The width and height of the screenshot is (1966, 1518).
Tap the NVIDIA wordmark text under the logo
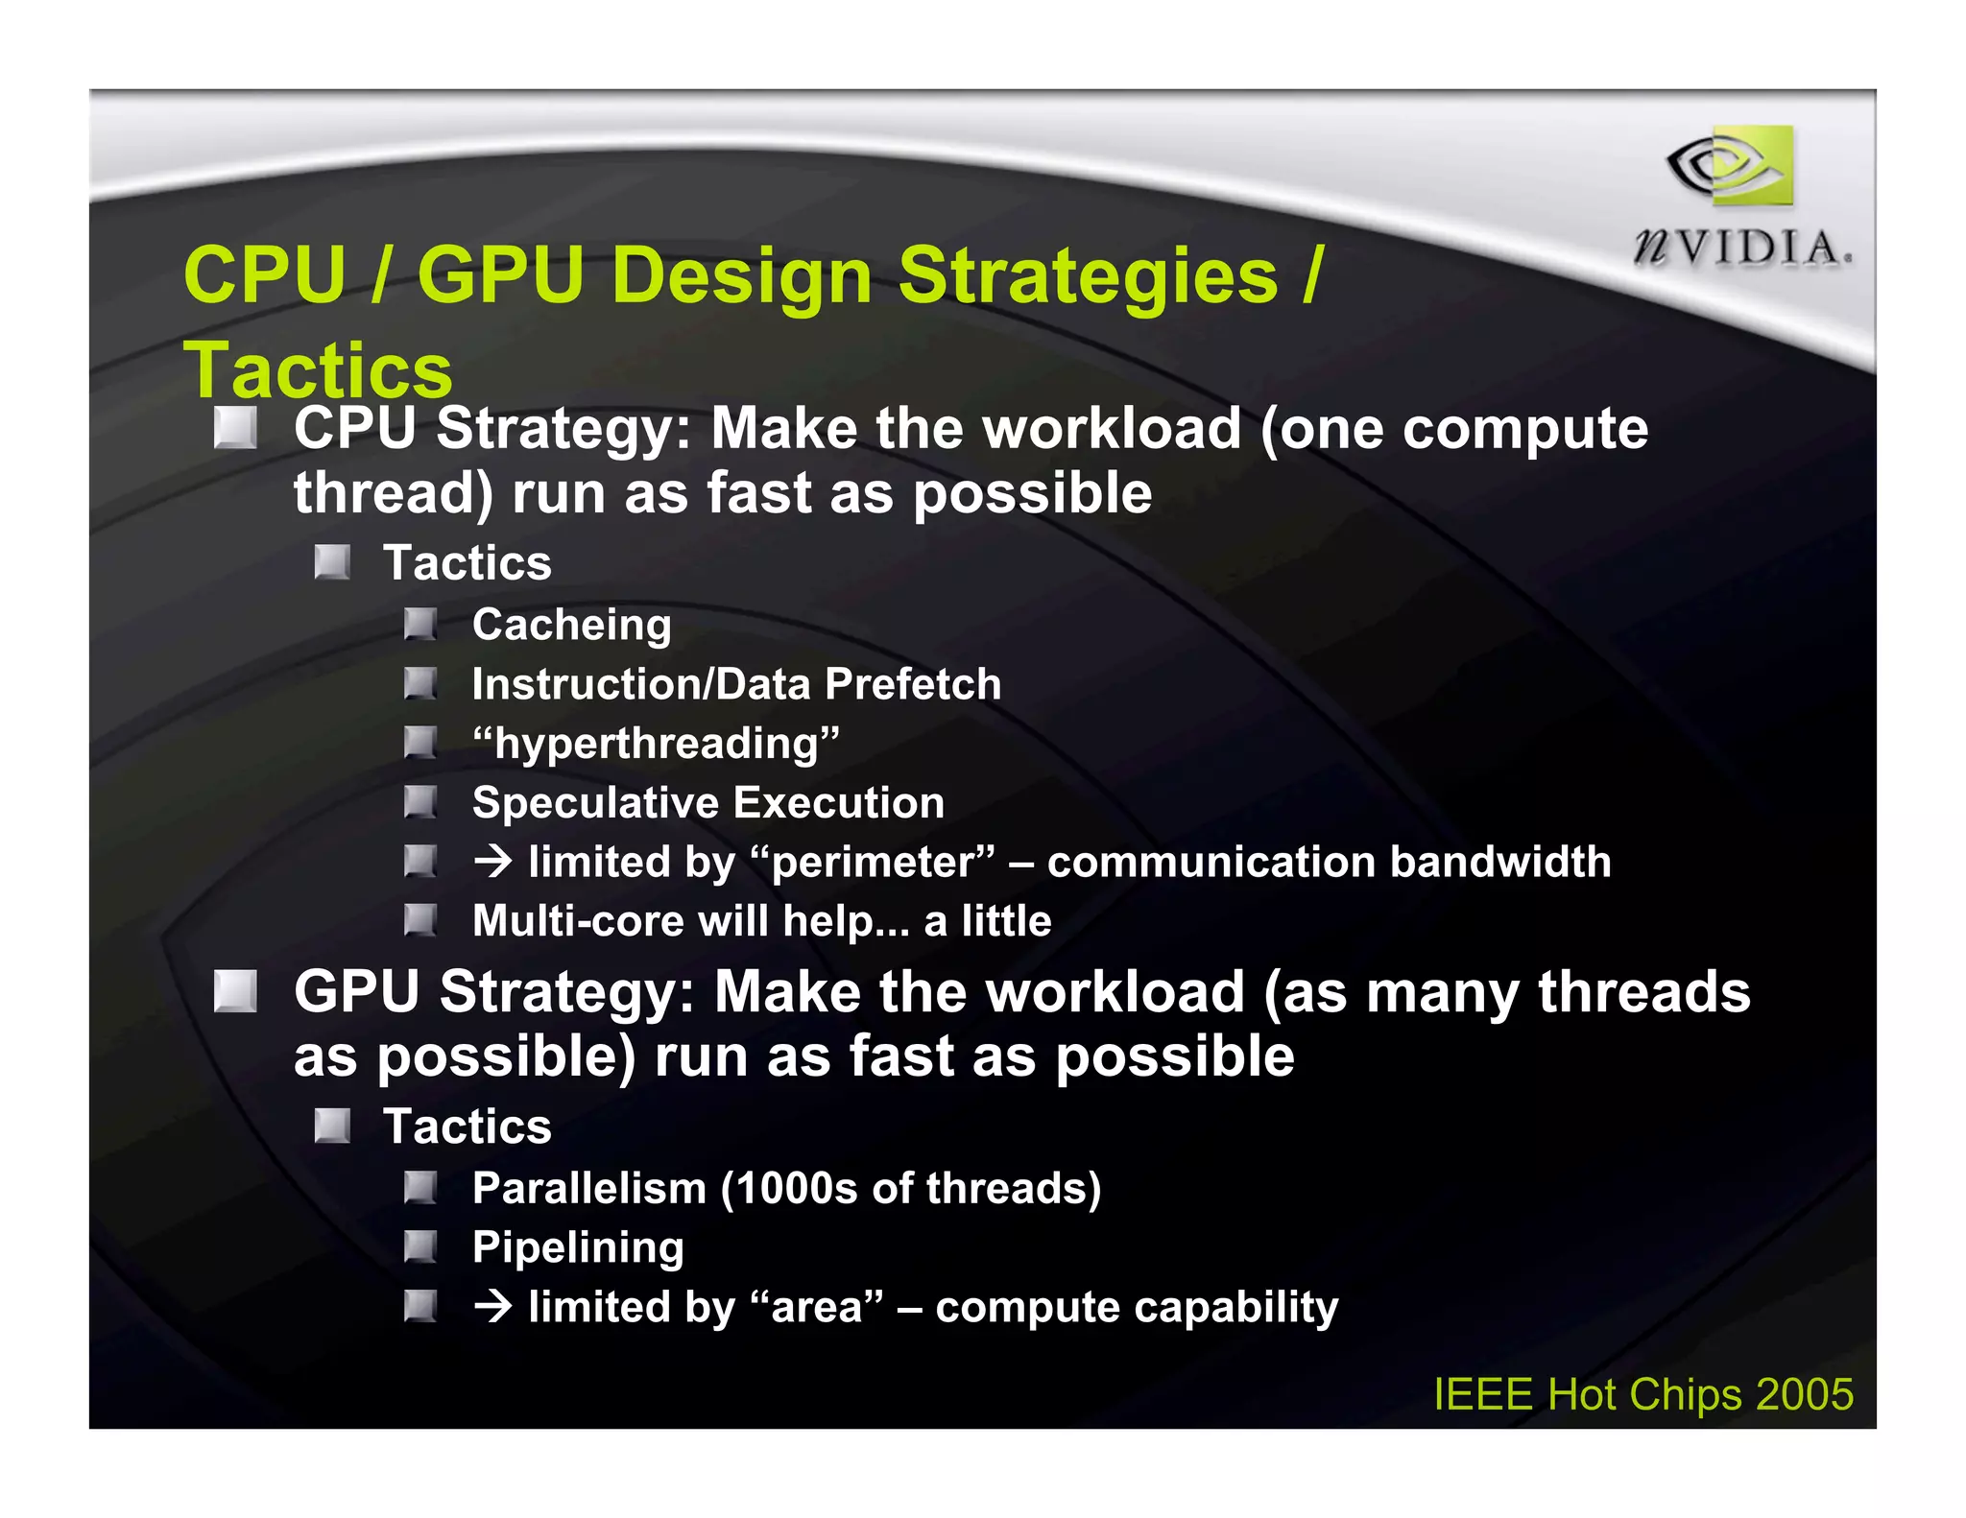1742,249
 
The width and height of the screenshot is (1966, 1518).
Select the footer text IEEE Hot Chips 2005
1642,1394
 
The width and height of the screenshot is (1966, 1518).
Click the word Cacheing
571,626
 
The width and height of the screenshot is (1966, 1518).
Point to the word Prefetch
913,684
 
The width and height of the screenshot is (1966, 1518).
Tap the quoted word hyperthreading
656,744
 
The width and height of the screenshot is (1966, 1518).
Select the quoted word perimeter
874,862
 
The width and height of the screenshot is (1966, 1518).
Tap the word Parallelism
589,1188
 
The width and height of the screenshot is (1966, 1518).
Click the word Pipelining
578,1247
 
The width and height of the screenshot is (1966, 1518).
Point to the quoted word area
816,1307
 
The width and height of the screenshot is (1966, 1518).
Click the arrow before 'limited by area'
493,1307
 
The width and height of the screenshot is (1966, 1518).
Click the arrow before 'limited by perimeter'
493,862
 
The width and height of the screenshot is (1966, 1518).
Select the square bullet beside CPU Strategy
235,428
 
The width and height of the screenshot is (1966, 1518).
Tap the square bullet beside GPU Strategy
235,991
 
